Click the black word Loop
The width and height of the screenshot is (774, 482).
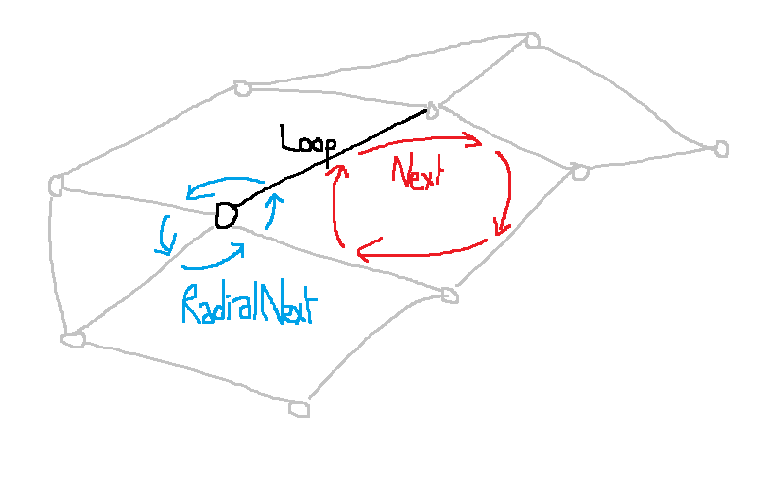pyautogui.click(x=306, y=140)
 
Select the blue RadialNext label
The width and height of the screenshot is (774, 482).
pyautogui.click(x=249, y=305)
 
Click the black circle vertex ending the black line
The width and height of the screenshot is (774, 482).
pyautogui.click(x=226, y=215)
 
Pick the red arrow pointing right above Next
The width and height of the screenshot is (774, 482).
pyautogui.click(x=420, y=144)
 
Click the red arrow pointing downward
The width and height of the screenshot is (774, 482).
pyautogui.click(x=506, y=194)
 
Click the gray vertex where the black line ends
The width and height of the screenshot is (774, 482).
pyautogui.click(x=431, y=107)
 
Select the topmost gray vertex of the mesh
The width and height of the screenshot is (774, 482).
pyautogui.click(x=533, y=40)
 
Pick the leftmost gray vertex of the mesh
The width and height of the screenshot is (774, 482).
pyautogui.click(x=56, y=184)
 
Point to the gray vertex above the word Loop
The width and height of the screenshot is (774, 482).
pyautogui.click(x=242, y=89)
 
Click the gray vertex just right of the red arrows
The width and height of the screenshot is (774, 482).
pyautogui.click(x=580, y=173)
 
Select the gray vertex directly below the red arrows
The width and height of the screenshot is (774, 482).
pyautogui.click(x=449, y=295)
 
